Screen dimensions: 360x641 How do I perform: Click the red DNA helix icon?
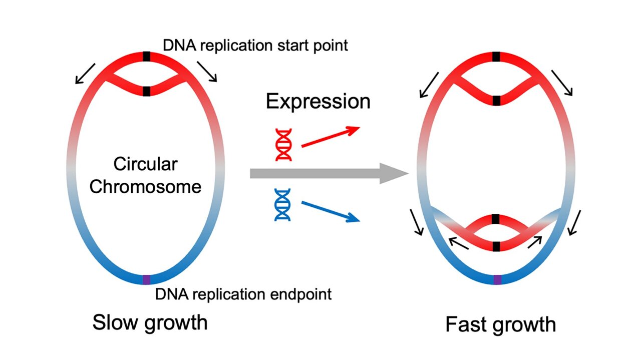pyautogui.click(x=284, y=144)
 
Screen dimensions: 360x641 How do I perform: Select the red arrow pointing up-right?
pyautogui.click(x=330, y=137)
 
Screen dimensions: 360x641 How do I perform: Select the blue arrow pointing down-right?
pyautogui.click(x=330, y=211)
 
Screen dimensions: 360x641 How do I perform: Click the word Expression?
pyautogui.click(x=318, y=101)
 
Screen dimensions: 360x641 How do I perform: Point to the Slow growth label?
pyautogui.click(x=149, y=322)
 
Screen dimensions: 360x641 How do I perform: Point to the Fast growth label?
pyautogui.click(x=500, y=324)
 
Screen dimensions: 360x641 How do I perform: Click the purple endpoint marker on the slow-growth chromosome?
pyautogui.click(x=146, y=279)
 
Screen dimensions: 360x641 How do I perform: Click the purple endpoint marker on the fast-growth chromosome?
pyautogui.click(x=496, y=279)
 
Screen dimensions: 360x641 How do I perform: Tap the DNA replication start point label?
pyautogui.click(x=255, y=46)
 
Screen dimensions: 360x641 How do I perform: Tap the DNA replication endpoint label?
pyautogui.click(x=243, y=294)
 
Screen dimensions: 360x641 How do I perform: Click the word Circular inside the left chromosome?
pyautogui.click(x=145, y=164)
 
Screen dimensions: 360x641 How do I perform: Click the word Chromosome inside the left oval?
pyautogui.click(x=145, y=187)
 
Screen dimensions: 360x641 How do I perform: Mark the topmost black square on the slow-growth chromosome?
pyautogui.click(x=146, y=56)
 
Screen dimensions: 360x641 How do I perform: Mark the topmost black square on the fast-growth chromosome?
pyautogui.click(x=496, y=56)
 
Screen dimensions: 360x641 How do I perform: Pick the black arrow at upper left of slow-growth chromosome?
pyautogui.click(x=84, y=73)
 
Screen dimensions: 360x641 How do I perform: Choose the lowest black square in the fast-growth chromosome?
pyautogui.click(x=496, y=246)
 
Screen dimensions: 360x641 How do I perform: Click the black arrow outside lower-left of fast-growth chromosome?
pyautogui.click(x=417, y=222)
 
